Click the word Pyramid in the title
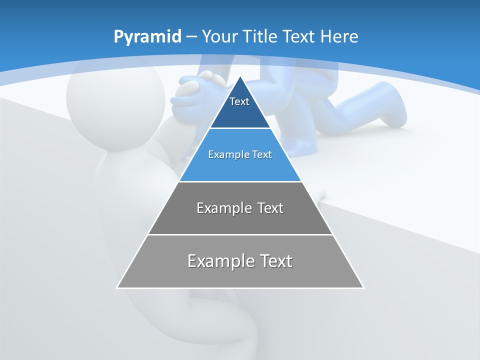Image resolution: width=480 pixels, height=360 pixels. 147,37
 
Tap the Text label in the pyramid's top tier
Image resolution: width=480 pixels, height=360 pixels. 239,101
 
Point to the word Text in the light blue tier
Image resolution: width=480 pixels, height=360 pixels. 262,154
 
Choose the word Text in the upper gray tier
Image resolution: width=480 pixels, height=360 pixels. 270,208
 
